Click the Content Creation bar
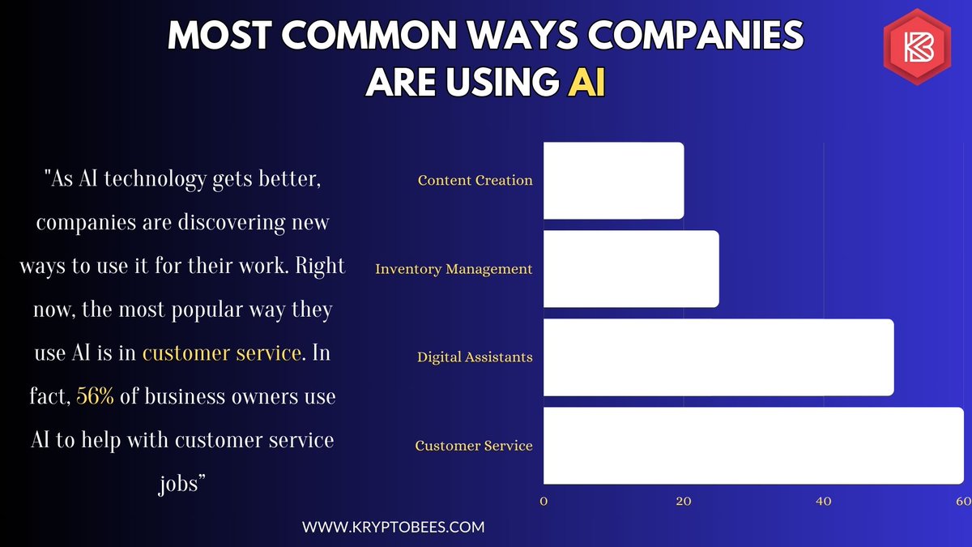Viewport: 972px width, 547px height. [613, 180]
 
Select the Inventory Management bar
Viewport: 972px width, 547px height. [631, 269]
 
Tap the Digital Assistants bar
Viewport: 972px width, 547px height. [718, 357]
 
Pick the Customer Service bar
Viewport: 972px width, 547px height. [753, 446]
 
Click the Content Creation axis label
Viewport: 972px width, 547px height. [475, 180]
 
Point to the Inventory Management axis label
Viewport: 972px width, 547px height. [454, 269]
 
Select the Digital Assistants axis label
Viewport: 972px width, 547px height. [475, 357]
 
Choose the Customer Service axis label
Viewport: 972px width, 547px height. [474, 446]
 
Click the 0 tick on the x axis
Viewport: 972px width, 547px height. [544, 502]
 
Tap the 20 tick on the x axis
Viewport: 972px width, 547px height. [684, 502]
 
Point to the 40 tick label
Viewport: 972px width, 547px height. [824, 502]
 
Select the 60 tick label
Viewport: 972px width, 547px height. [963, 502]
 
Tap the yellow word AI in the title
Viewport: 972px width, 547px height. [586, 83]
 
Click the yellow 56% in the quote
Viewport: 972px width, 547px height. [95, 398]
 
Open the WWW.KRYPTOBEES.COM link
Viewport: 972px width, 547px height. [394, 527]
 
